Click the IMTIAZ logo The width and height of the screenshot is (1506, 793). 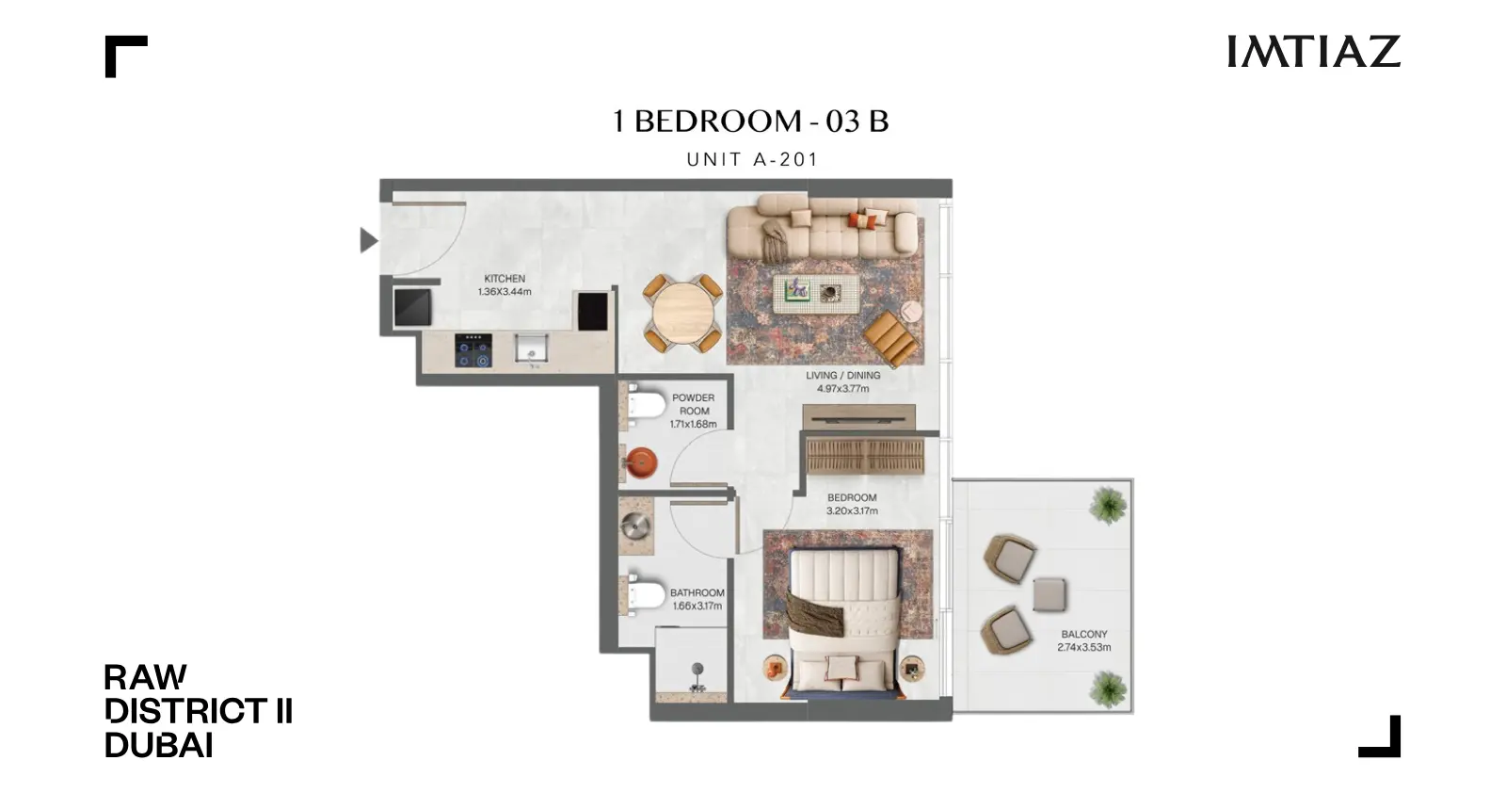(x=1314, y=52)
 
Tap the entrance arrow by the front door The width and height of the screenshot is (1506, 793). (x=369, y=240)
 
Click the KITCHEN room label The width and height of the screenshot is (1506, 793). (x=505, y=279)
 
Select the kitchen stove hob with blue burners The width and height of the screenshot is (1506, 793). (x=473, y=350)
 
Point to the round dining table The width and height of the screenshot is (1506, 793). (x=683, y=314)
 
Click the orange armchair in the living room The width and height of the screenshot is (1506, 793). (x=891, y=338)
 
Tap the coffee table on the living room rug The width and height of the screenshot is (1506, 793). (x=816, y=294)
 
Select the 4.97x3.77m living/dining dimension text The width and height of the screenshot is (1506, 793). (x=843, y=389)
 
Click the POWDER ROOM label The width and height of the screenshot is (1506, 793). (x=694, y=404)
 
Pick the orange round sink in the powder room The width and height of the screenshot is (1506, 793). (x=641, y=462)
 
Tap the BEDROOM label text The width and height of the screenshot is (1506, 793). (x=852, y=497)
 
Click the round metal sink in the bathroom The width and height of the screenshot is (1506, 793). (x=636, y=526)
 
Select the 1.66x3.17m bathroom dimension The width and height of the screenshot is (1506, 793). (x=697, y=606)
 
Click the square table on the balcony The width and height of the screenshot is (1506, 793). (x=1049, y=594)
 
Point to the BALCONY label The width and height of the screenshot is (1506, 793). (x=1084, y=634)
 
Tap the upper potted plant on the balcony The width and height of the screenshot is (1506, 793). (x=1108, y=505)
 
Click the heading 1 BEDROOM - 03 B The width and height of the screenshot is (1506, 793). (x=751, y=121)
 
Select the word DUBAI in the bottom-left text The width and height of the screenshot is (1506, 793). (x=159, y=745)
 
